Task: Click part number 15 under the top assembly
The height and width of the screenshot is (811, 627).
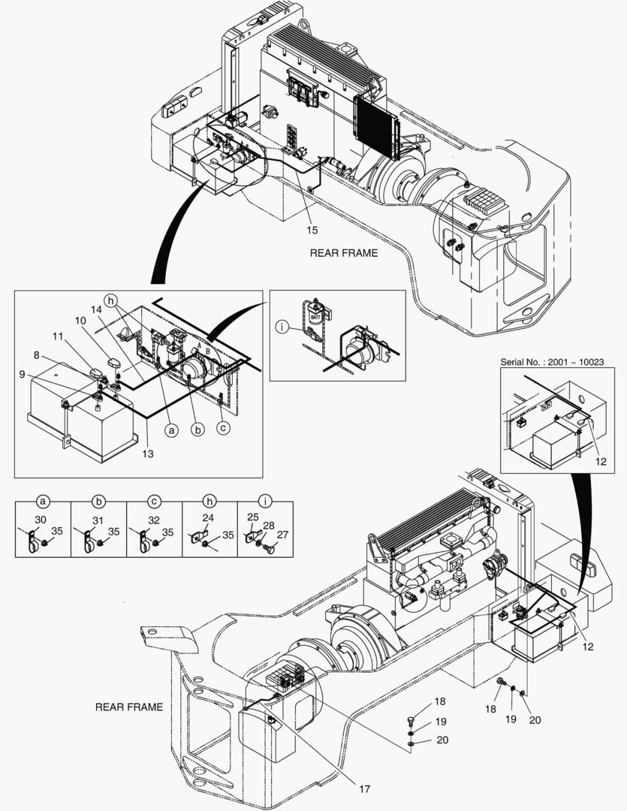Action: point(312,230)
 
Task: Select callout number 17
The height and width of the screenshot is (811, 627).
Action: point(365,788)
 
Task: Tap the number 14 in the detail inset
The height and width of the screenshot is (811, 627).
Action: point(97,309)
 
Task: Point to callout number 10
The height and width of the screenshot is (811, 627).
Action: point(80,321)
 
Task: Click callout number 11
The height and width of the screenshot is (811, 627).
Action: point(58,336)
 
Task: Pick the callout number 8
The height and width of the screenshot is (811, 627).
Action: point(36,355)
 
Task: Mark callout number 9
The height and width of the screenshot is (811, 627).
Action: point(22,373)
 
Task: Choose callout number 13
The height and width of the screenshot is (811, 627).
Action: point(148,454)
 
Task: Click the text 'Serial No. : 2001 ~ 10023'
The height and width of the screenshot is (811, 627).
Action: point(552,361)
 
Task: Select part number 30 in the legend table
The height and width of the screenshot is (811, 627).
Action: point(41,520)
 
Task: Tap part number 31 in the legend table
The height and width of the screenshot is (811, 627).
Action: point(98,520)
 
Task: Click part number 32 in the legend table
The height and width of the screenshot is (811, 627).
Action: point(154,520)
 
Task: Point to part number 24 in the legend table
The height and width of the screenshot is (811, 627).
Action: point(208,517)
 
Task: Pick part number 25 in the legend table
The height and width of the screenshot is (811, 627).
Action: point(252,517)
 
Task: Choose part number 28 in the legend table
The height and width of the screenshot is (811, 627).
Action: point(269,526)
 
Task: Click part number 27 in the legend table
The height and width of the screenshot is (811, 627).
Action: point(282,535)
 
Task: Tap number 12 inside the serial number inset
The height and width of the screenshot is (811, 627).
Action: point(601,461)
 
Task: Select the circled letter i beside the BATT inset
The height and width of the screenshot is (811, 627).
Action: point(282,327)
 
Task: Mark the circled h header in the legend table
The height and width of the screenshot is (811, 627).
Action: point(209,501)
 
